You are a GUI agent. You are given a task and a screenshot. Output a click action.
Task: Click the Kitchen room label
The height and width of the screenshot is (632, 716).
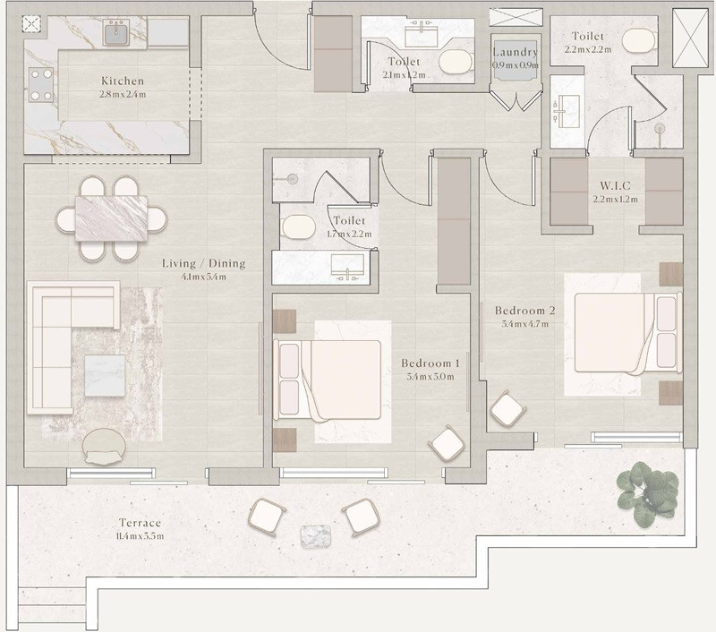[123, 81]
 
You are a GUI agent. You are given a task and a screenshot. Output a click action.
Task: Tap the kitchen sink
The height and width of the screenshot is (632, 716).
[116, 33]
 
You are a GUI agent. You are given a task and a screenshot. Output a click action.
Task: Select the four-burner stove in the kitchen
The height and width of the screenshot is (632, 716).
[41, 84]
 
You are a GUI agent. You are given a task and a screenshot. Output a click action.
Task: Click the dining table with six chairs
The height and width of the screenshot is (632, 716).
[111, 218]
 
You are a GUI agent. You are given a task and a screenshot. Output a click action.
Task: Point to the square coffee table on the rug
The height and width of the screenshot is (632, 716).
[105, 376]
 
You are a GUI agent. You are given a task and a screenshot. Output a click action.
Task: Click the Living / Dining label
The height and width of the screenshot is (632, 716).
[204, 263]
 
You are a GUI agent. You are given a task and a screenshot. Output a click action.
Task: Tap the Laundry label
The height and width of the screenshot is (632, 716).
[516, 52]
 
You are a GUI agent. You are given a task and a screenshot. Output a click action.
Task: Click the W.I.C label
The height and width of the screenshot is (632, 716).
[615, 186]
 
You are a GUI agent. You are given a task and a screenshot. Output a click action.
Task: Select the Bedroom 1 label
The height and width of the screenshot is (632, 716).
[430, 363]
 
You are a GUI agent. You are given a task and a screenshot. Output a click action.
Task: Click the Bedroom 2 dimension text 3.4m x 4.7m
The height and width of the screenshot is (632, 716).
[524, 324]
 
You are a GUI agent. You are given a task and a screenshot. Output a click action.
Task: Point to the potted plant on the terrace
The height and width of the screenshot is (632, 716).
[647, 493]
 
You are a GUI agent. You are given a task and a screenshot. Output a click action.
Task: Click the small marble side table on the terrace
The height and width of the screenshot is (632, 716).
[316, 535]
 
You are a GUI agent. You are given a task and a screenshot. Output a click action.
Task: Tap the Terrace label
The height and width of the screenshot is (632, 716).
[141, 523]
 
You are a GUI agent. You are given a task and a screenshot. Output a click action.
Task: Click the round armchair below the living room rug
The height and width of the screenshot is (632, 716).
[104, 447]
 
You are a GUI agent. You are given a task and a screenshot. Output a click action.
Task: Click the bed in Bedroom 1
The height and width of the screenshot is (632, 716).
[327, 380]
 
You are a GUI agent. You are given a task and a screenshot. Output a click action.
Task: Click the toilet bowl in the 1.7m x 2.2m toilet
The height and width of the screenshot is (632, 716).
[299, 227]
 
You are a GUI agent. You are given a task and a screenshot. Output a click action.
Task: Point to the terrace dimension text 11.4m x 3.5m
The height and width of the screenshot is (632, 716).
[141, 536]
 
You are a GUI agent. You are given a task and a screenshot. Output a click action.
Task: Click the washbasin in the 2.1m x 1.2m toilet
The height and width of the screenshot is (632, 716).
[422, 33]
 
